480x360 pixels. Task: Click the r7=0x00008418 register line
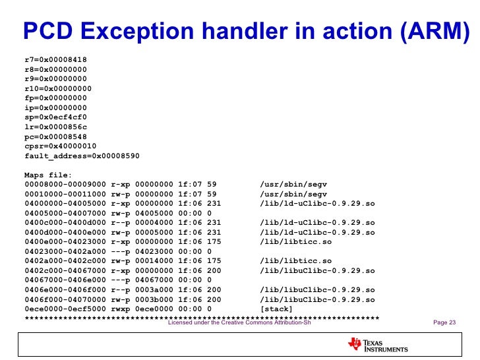coord(55,59)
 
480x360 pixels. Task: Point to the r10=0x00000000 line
coord(58,88)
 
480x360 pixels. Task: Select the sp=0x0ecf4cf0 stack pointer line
coord(55,117)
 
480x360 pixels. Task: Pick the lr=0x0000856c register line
coord(55,127)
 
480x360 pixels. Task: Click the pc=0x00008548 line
coord(55,136)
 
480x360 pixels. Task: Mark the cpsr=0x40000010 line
coord(61,146)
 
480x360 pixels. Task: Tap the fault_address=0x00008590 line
coord(82,156)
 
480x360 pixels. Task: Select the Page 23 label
coord(444,323)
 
